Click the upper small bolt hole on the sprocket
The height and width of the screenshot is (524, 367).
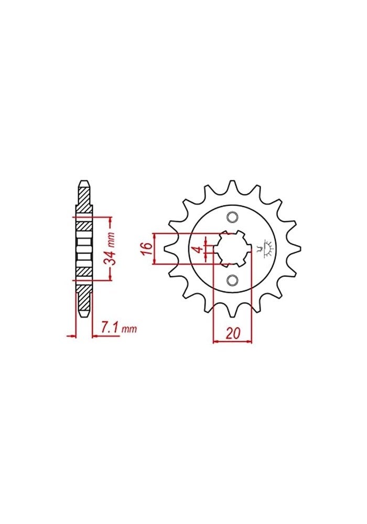(232, 217)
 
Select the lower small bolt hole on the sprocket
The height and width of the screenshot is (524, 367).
(232, 280)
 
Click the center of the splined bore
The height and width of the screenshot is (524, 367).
(232, 248)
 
